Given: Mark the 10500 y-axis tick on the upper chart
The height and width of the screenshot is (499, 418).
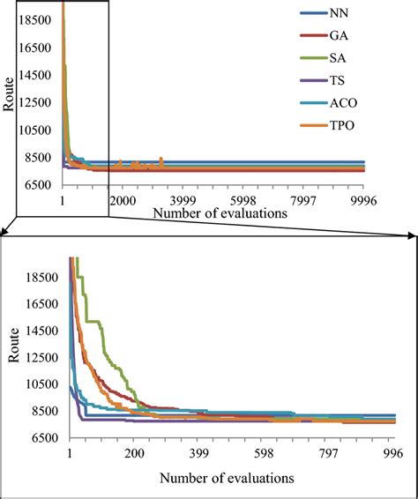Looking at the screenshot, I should (38, 130).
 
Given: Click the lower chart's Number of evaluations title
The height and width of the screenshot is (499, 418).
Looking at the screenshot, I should (227, 478).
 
